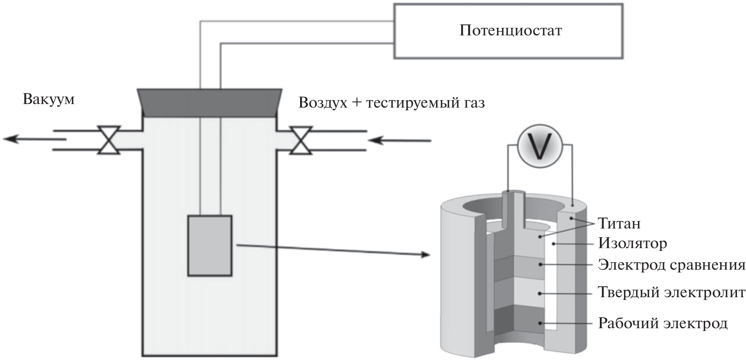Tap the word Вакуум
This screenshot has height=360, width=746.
tap(49, 99)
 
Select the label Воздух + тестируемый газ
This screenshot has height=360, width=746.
tap(392, 103)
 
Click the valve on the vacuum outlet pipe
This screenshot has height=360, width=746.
tap(109, 140)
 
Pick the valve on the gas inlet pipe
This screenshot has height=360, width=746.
tap(301, 140)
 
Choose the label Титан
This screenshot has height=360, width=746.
tap(619, 224)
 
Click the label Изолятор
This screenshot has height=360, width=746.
tap(632, 244)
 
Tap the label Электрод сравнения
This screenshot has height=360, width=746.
tap(671, 265)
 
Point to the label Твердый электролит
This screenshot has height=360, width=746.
tap(671, 293)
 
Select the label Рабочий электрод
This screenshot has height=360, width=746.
tap(663, 323)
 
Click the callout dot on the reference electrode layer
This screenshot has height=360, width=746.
tap(541, 265)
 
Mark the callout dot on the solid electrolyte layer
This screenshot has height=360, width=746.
tap(541, 293)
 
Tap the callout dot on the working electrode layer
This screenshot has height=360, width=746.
tap(541, 323)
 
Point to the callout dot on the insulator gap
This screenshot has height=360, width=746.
tap(554, 244)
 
